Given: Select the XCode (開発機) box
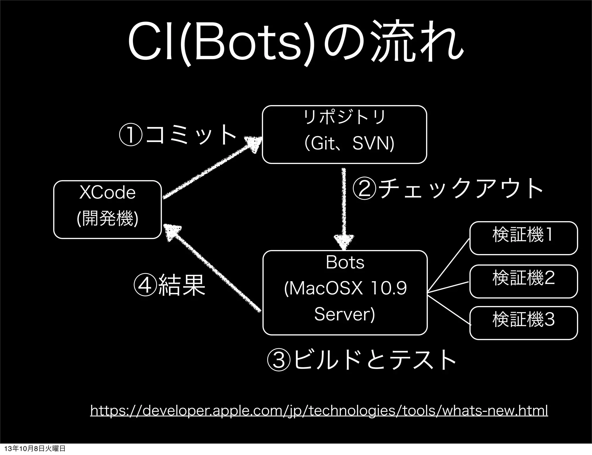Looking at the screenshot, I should (107, 209).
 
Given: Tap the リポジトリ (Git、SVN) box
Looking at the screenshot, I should (344, 135).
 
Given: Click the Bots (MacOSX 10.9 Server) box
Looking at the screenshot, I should (345, 292).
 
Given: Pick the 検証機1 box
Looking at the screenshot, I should (523, 238).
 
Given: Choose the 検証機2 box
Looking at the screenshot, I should (523, 281).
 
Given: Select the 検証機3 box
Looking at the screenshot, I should (523, 322).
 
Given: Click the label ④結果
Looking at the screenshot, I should (169, 285).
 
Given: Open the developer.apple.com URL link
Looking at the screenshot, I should (319, 410).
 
